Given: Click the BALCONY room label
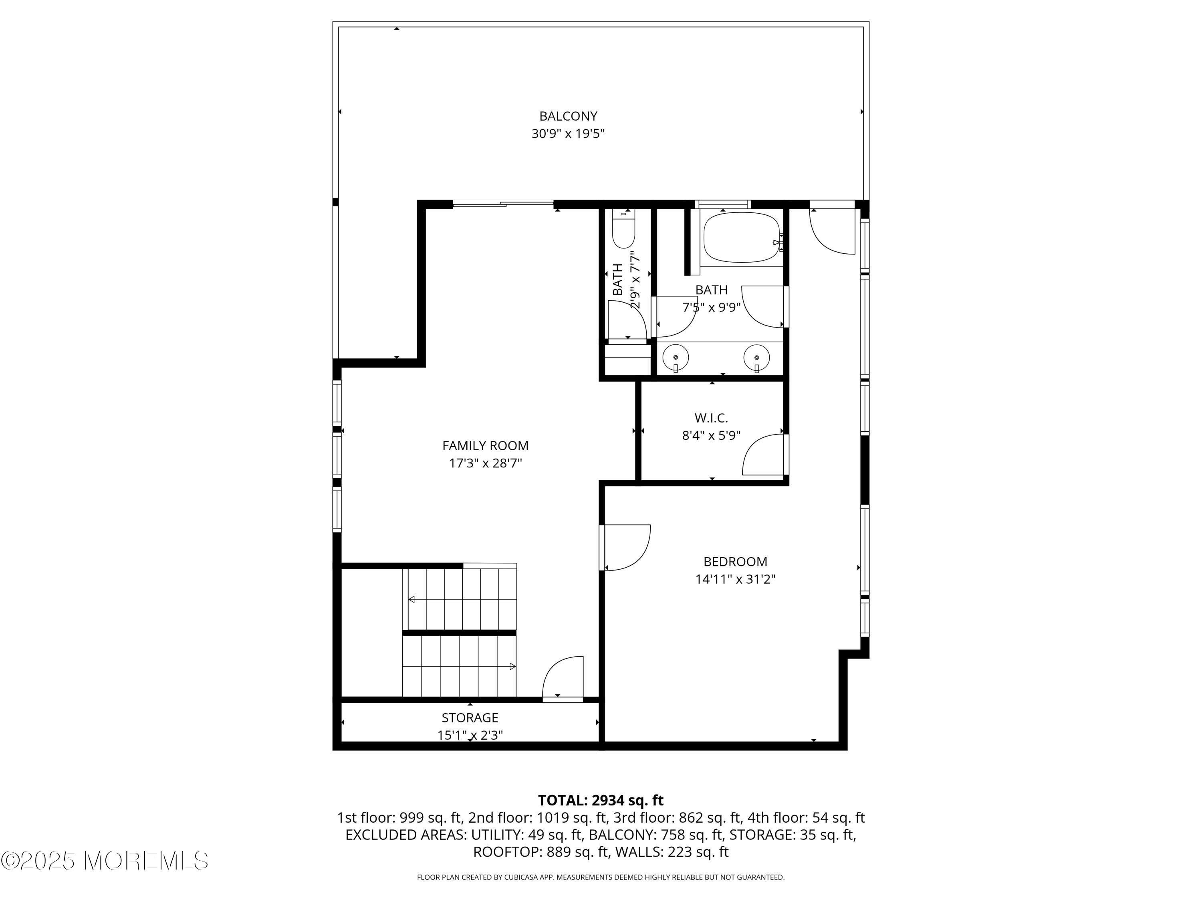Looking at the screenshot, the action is point(568,116).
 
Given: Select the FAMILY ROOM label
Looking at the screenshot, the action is point(485,446).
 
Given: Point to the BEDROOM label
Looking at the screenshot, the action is point(735,562).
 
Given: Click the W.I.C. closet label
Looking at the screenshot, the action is point(711,418).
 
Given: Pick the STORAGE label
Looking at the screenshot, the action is point(470,718).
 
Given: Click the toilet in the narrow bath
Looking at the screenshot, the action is point(623,229).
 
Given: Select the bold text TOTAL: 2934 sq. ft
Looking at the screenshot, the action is point(601,800).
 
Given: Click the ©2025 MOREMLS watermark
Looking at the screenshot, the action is point(104,861).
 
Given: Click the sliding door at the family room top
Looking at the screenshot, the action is point(503,205).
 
